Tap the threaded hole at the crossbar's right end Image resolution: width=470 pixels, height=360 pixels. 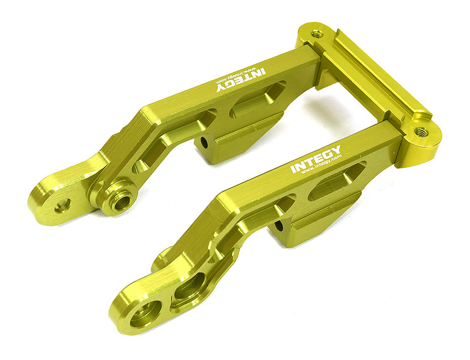point(421,133)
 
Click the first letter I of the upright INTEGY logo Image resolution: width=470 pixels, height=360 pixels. point(293,170)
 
